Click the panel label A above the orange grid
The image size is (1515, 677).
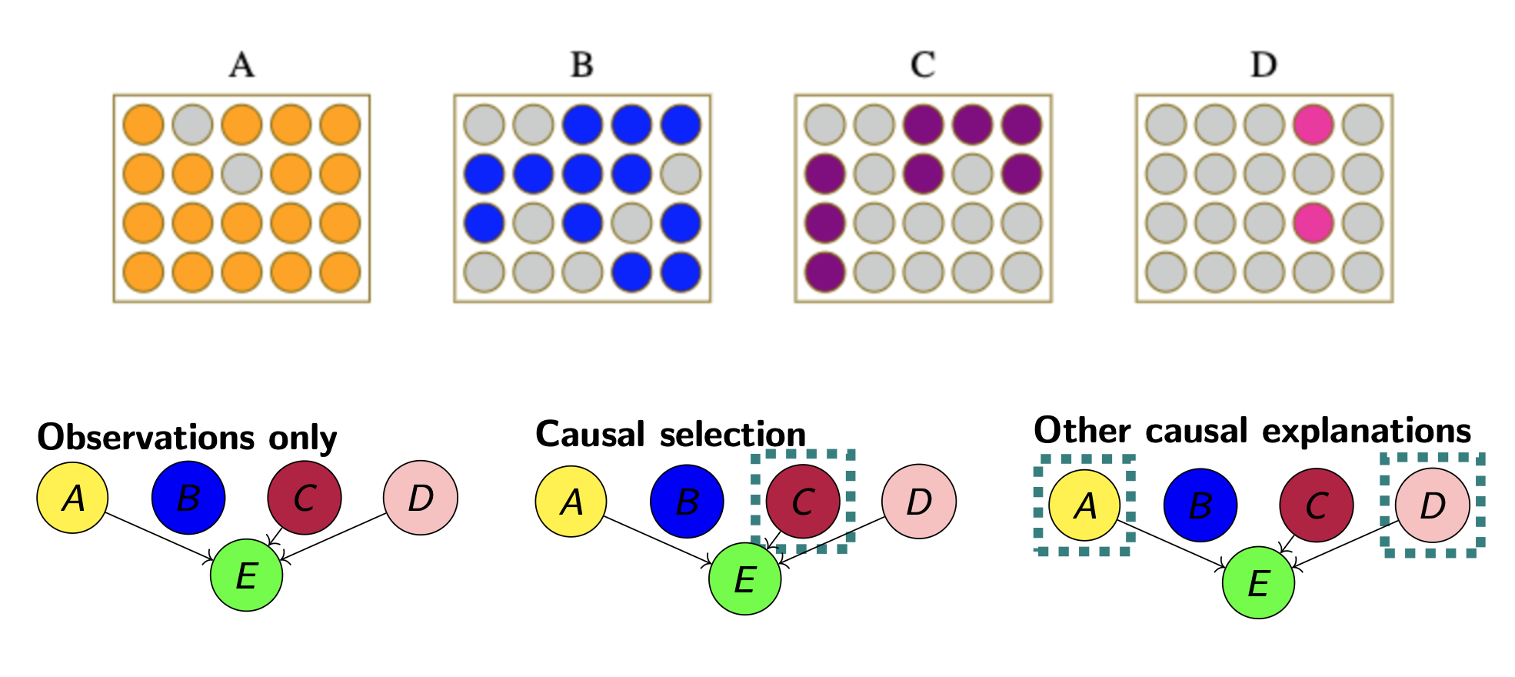(241, 65)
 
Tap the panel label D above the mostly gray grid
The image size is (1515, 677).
(1264, 65)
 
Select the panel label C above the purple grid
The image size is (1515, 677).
(923, 65)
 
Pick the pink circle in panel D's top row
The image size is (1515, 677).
(1314, 125)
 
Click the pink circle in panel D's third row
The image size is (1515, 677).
(1314, 223)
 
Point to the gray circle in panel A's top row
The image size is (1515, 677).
(192, 125)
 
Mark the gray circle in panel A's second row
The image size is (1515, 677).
(241, 174)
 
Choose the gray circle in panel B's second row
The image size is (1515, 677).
(681, 174)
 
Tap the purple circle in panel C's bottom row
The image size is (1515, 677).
(824, 272)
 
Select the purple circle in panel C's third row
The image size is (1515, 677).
(824, 223)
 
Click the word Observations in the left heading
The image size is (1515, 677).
(145, 437)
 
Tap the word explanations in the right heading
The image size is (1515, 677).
(1307, 431)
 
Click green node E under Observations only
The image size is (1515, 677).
(246, 575)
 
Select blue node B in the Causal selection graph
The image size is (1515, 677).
(687, 502)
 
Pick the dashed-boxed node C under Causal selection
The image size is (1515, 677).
(803, 502)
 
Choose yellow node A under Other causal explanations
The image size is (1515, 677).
(1084, 505)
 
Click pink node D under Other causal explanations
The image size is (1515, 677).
(1432, 505)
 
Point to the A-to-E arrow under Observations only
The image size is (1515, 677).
(158, 537)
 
